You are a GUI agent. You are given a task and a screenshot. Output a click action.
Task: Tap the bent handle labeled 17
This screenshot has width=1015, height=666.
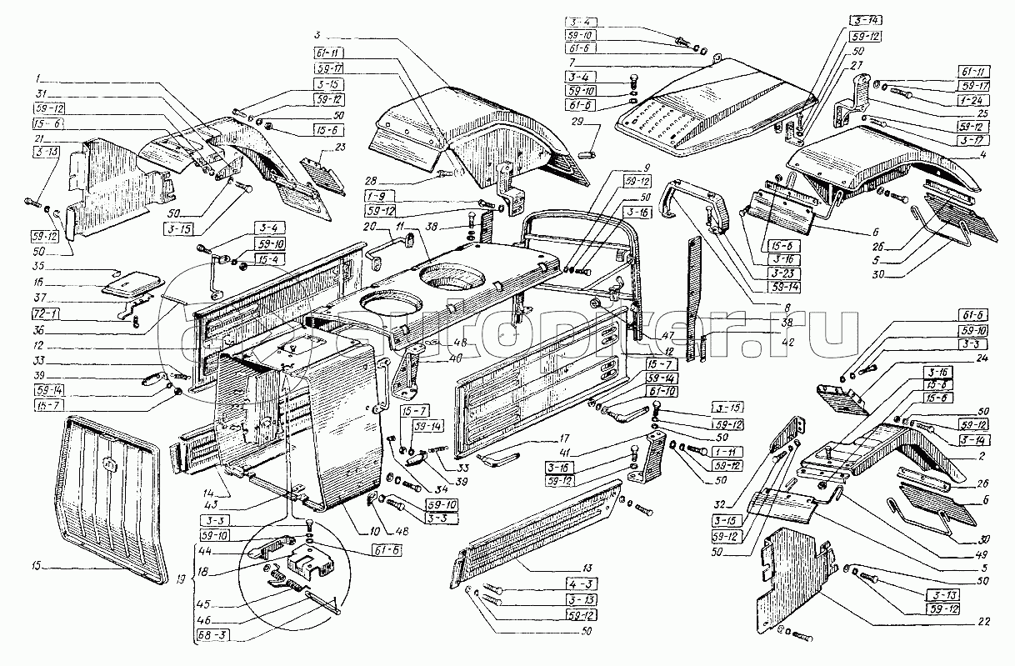click(x=497, y=455)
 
